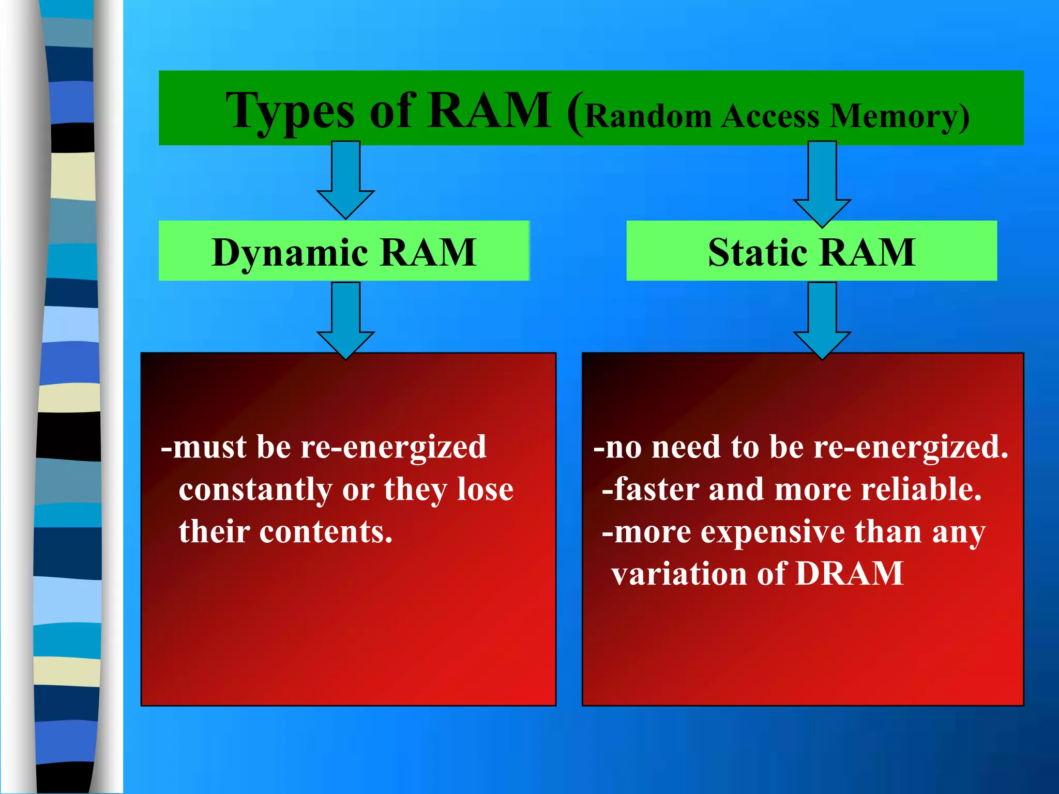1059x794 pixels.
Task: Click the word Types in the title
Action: coord(290,111)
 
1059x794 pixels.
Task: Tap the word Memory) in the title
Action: coord(900,116)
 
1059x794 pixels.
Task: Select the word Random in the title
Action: coord(649,116)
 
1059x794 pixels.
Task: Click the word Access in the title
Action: coord(770,116)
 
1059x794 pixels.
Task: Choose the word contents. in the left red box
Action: coord(326,532)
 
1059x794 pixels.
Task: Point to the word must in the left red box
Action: coord(209,447)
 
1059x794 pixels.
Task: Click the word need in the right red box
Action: coord(686,447)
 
